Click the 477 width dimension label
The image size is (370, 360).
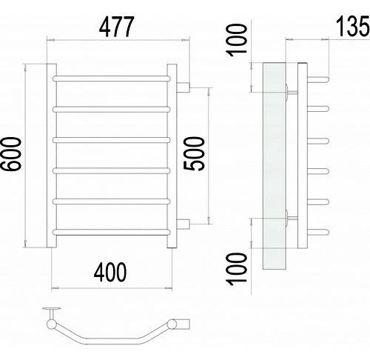click(117, 27)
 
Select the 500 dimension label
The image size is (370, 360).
click(194, 153)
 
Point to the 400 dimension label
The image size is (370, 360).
click(110, 272)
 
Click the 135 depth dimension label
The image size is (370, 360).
click(353, 26)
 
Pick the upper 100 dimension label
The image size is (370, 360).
click(237, 40)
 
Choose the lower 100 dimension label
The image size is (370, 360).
click(237, 269)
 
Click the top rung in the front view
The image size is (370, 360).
click(111, 79)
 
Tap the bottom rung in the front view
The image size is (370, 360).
click(111, 232)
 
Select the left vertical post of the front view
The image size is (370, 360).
click(52, 156)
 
